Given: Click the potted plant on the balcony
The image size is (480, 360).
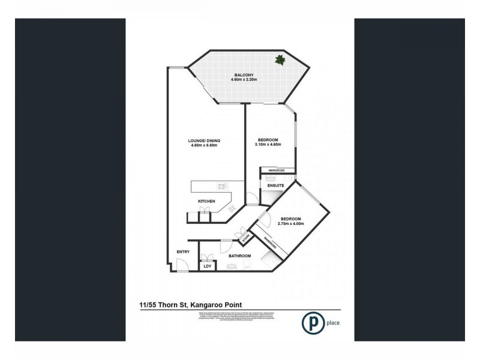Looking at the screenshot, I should coord(280,59).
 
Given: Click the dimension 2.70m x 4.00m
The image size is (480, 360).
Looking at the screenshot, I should coord(293,223).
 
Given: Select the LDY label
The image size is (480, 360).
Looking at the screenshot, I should coord(207,265).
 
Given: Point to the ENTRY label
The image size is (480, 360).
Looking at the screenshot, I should coord(183,252).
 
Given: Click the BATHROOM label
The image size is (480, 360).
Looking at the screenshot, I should coord(240,256).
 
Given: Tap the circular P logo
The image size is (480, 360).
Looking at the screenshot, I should coord(312,320).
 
